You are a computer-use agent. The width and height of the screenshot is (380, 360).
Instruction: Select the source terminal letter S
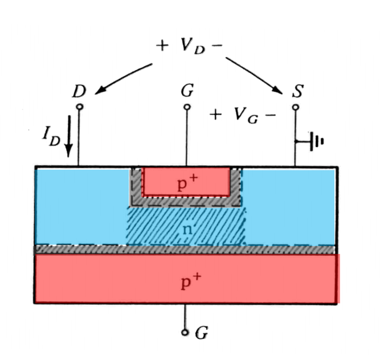[x=297, y=91]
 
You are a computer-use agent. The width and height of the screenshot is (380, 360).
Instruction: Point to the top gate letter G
[x=186, y=91]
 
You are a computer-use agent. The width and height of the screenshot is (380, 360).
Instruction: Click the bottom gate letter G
[x=201, y=332]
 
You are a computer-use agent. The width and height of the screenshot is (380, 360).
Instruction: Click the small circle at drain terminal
[x=79, y=107]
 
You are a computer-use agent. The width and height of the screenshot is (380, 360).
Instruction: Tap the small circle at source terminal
[x=295, y=107]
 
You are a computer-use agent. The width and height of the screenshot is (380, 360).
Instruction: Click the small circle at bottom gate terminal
[x=185, y=332]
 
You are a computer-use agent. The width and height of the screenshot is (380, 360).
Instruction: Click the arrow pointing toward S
[x=254, y=75]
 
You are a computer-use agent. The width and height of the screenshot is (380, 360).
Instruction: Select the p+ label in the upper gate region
[x=186, y=184]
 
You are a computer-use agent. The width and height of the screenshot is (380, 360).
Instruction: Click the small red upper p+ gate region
[x=165, y=181]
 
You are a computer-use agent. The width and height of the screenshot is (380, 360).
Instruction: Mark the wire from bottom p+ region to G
[x=185, y=316]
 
